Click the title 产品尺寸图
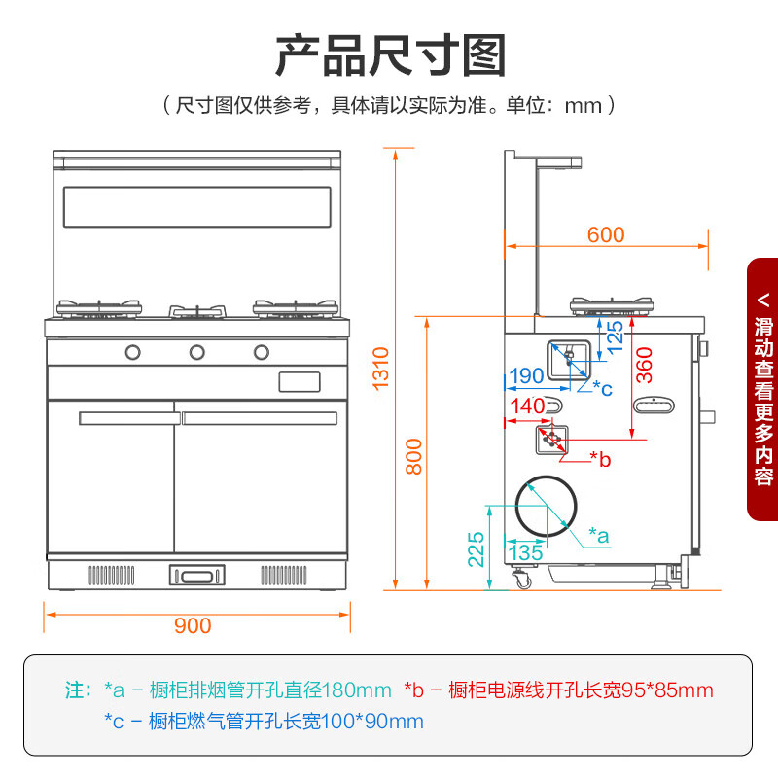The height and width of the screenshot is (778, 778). click(x=390, y=55)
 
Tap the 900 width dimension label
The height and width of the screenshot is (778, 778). click(x=192, y=625)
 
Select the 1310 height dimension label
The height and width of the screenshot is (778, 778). click(x=381, y=368)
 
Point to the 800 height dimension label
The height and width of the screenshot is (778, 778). click(x=414, y=455)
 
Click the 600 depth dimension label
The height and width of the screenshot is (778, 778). click(x=605, y=234)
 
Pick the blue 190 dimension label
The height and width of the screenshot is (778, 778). click(x=526, y=375)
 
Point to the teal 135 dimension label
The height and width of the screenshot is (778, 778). click(x=525, y=552)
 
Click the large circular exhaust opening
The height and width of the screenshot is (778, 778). click(x=546, y=506)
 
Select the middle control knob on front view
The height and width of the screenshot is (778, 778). click(x=196, y=351)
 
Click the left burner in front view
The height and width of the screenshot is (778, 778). click(x=99, y=309)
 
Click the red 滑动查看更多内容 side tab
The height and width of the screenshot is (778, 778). click(x=762, y=389)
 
